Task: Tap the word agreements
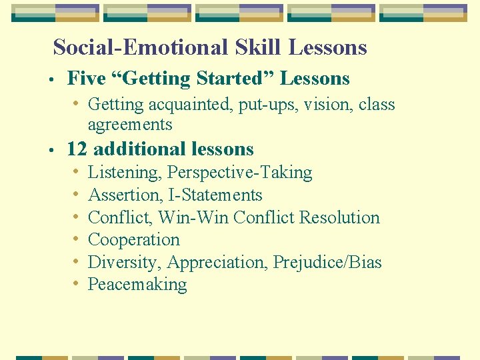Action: pos(130,125)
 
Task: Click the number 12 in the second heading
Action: pos(77,149)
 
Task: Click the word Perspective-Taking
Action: pos(239,173)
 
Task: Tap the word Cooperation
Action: pos(133,240)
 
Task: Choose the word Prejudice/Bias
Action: pos(327,262)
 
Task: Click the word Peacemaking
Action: pos(137,285)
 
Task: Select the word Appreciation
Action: pos(217,262)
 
